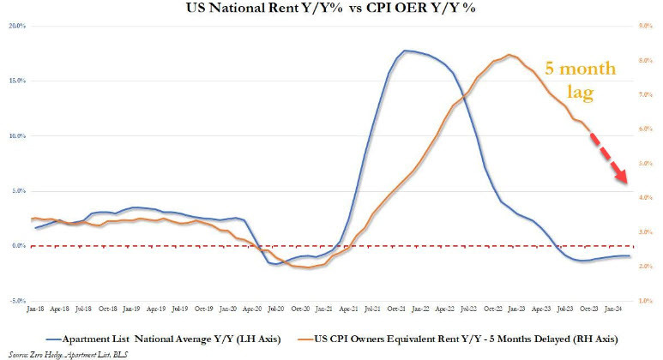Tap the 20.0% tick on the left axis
coord(17,26)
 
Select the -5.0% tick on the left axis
coord(17,301)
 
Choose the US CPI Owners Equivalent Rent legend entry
coord(471,330)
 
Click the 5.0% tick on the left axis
coord(17,191)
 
